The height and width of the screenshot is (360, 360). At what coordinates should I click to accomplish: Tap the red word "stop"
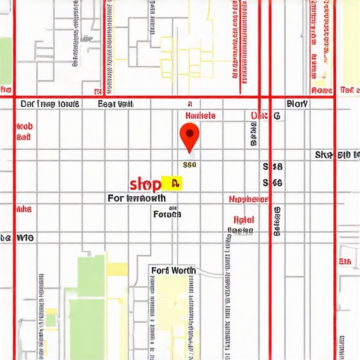146,184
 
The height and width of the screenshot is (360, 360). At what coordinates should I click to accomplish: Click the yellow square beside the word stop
172,184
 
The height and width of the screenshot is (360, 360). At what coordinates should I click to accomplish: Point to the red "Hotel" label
243,219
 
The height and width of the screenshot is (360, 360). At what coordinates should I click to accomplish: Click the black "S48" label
272,167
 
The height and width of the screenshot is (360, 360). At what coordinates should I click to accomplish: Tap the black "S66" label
272,183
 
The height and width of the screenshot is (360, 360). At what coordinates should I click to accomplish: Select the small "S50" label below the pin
189,165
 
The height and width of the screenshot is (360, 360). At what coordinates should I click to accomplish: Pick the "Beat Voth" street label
115,104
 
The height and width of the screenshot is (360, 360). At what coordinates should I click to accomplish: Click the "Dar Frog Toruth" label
49,104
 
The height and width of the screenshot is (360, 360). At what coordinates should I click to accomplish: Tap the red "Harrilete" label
200,115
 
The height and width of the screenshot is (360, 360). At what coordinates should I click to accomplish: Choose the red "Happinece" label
249,200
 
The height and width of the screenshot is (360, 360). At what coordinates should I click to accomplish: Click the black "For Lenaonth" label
146,199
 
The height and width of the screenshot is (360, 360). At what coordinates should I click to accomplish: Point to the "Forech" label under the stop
167,214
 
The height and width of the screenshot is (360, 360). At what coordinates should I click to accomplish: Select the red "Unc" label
258,115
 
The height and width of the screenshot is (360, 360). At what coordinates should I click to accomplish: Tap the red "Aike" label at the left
23,209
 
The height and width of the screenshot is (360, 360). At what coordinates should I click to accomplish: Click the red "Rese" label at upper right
321,91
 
